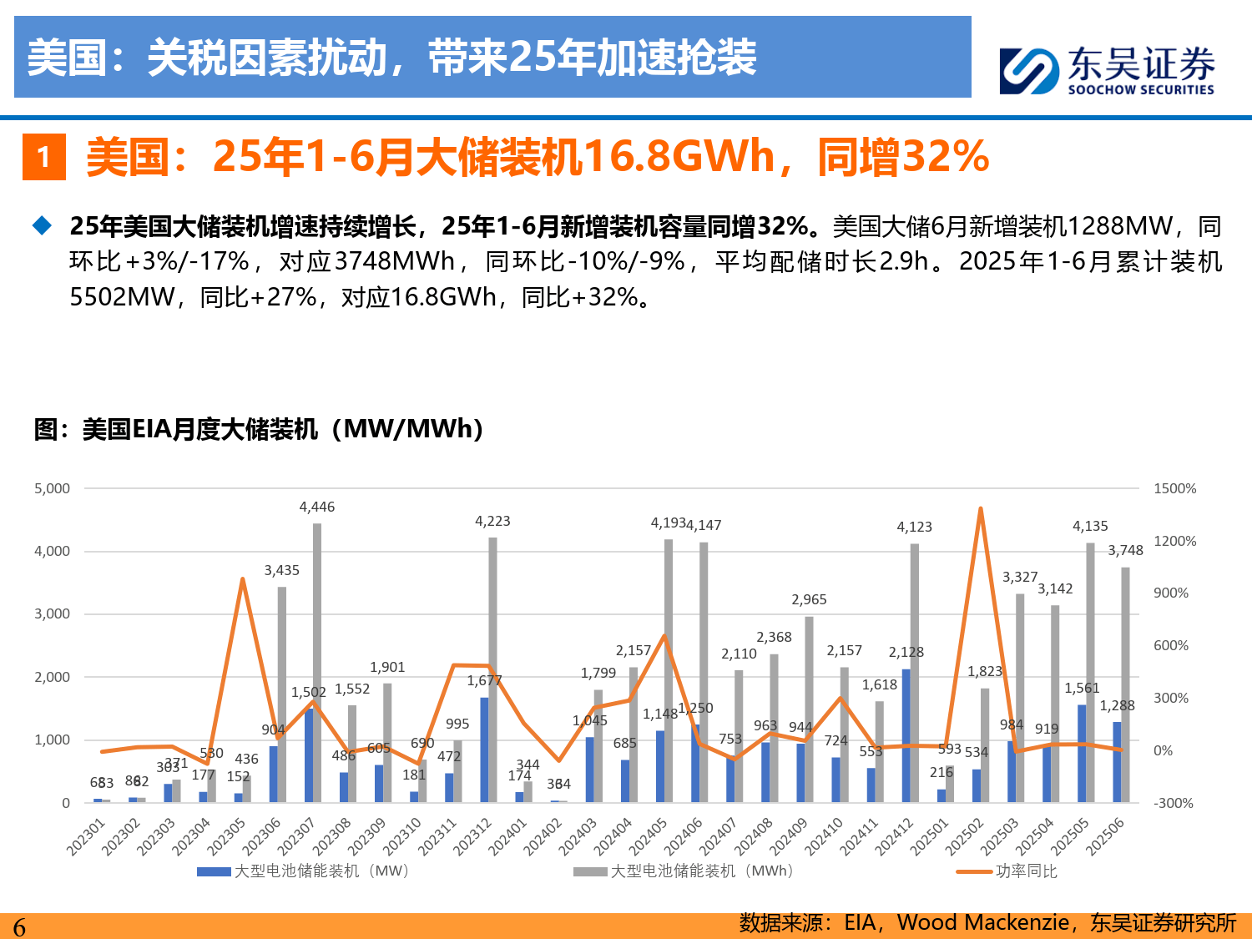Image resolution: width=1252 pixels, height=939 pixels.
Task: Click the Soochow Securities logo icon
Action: pos(1029,71)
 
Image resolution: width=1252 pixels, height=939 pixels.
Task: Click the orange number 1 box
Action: pos(43,157)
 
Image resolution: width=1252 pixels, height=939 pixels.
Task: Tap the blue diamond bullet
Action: pos(42,225)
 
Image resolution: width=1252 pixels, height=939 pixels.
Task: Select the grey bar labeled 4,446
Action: pos(317,663)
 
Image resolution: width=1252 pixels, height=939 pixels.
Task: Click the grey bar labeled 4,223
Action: pos(492,669)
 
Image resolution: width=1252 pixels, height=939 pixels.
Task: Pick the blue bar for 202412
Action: pos(906,735)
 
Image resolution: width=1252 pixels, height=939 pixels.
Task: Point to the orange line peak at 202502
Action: pos(980,508)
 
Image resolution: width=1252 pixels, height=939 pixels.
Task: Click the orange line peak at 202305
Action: pos(242,579)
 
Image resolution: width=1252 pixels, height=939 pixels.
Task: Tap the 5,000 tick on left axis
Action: pos(52,488)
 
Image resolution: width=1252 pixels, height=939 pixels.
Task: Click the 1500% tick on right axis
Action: pos(1174,488)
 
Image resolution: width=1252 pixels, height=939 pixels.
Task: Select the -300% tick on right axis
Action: pos(1174,803)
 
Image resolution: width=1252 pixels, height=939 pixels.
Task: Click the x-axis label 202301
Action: pos(86,836)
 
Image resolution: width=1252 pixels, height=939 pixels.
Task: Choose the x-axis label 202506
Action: pos(1105,836)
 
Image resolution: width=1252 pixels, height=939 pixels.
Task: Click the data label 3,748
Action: pos(1125,550)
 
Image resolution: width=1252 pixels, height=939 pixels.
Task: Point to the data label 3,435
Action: pos(281,570)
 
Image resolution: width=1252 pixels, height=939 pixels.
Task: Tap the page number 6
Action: pos(19,926)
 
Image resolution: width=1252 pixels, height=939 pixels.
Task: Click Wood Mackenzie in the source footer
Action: pos(982,922)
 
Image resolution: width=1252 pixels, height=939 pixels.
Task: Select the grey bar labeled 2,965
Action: pos(809,709)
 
